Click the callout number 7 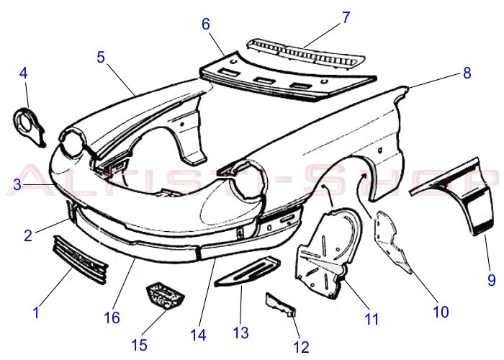coord(346,17)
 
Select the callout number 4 coord(24,73)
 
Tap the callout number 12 coord(301,347)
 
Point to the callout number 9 coord(492,279)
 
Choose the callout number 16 coord(112,318)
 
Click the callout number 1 coord(36,312)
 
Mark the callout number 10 coord(441,312)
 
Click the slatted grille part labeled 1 coord(80,260)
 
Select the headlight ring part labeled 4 coord(29,127)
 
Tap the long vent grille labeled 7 coord(305,54)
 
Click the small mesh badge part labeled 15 coord(165,296)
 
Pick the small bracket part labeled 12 coord(280,305)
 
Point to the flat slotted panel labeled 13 coord(248,271)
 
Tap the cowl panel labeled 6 coord(288,76)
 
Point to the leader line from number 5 coord(121,79)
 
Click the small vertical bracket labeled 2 coord(71,212)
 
